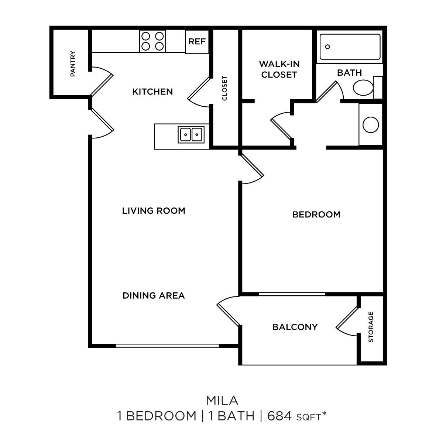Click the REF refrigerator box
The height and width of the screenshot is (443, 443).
coord(197,41)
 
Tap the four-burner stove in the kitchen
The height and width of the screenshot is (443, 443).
coord(153,41)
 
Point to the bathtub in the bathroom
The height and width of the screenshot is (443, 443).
coord(350,47)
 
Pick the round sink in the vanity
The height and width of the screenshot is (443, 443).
coord(371,124)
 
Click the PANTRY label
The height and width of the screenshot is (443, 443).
coord(73,63)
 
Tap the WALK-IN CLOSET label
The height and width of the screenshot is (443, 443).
coord(279,69)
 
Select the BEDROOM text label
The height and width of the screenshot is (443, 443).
coord(316,214)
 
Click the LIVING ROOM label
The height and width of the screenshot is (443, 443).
coord(154,211)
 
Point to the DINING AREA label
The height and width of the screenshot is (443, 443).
coord(154,296)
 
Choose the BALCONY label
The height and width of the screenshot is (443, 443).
coord(295,327)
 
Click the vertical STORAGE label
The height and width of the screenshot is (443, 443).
coord(371,327)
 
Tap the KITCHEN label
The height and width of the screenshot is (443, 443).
coord(152,92)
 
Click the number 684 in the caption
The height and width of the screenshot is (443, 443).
coord(280,416)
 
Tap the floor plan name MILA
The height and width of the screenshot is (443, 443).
coord(221,400)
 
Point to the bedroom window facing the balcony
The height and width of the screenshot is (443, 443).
coord(292,294)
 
